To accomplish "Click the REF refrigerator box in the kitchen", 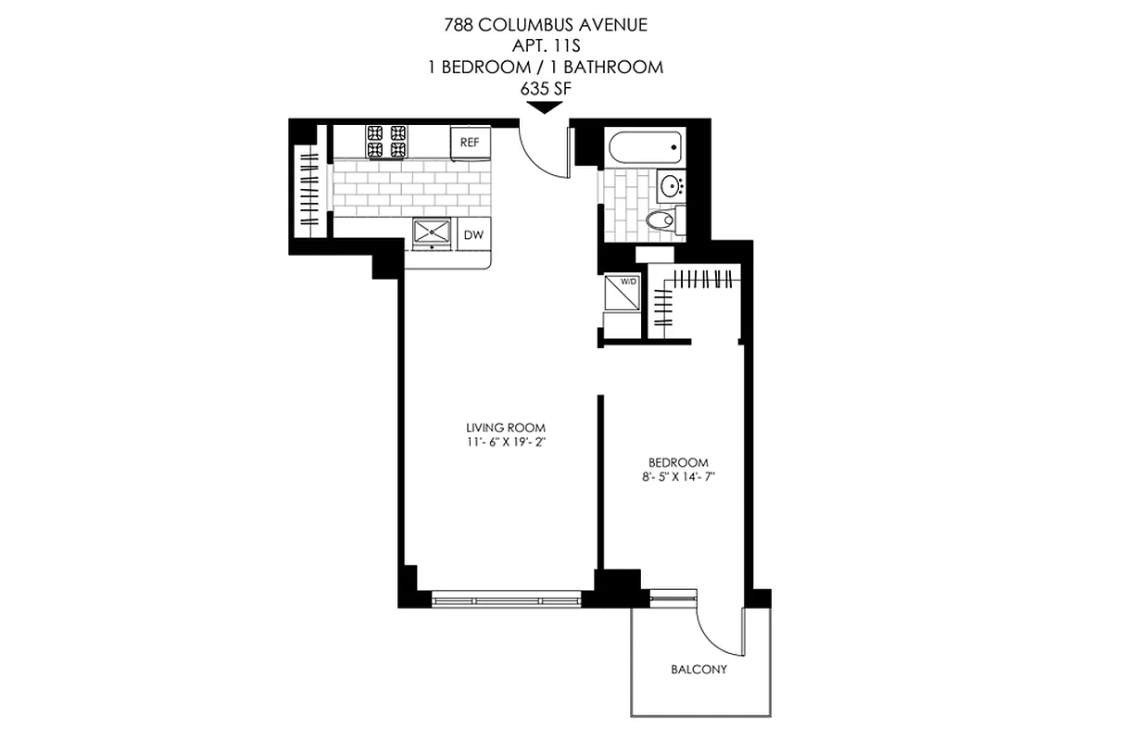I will click(470, 143).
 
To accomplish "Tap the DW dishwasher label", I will click(473, 235).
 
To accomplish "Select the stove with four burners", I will click(386, 141).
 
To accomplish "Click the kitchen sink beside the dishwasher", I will click(431, 232).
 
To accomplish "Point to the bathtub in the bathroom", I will click(645, 147).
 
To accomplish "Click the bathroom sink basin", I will click(671, 185).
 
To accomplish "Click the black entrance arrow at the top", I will click(545, 107).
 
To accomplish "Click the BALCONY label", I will click(698, 670).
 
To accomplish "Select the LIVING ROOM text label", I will click(506, 427).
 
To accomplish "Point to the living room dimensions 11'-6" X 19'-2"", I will click(506, 442).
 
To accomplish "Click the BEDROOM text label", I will click(678, 462).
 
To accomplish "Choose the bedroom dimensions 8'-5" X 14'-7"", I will click(678, 477).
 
